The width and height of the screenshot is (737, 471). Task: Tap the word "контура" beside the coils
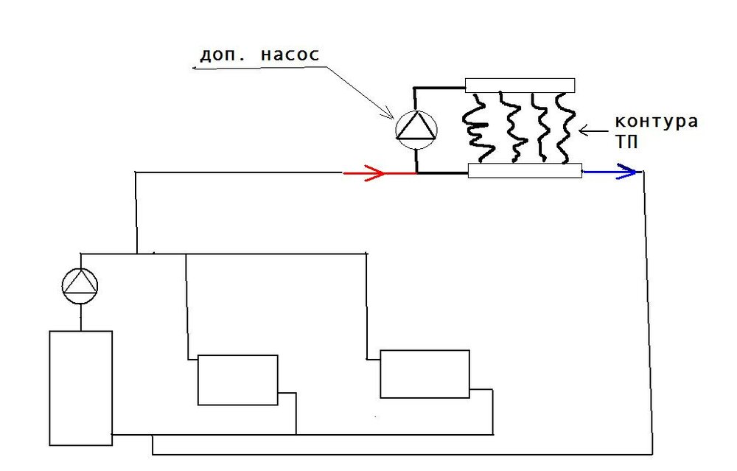coord(656,122)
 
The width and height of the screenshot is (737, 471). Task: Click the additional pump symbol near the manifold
coord(416,128)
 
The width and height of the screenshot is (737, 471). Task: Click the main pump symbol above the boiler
coord(80,285)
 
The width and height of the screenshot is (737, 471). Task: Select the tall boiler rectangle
coord(80,388)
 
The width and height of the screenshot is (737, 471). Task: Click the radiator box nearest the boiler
coord(237,380)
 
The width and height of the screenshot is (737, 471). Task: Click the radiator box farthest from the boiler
coord(425,374)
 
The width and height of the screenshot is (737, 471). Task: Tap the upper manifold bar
coord(520,85)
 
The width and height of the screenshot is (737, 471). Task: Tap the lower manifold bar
coord(525,171)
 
